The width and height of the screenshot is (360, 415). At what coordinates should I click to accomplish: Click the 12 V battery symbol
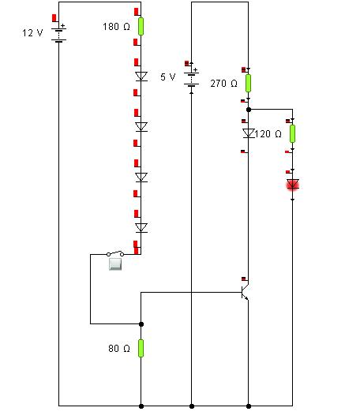[58, 33]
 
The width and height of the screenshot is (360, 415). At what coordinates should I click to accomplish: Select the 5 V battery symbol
[191, 77]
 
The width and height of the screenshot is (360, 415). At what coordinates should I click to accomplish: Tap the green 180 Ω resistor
[141, 27]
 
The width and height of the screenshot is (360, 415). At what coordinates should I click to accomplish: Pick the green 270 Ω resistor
[248, 84]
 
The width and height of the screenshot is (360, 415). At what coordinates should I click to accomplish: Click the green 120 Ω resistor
[292, 133]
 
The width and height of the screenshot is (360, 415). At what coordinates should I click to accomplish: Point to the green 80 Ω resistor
[141, 348]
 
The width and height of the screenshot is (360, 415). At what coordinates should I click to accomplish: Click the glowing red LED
[293, 185]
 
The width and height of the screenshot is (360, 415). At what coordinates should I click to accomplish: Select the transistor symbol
[245, 292]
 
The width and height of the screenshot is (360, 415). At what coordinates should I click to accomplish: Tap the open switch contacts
[115, 253]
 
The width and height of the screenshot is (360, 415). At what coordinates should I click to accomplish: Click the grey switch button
[115, 264]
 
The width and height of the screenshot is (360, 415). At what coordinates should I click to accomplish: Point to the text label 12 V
[32, 33]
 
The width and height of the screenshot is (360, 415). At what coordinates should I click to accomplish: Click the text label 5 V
[167, 77]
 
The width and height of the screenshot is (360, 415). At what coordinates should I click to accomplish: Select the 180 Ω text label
[116, 27]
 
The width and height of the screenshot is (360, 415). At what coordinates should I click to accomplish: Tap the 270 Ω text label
[223, 84]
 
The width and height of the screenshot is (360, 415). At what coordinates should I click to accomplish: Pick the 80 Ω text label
[119, 348]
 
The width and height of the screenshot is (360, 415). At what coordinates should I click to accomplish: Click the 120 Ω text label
[268, 134]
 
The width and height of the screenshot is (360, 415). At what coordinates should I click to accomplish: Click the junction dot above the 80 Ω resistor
[141, 324]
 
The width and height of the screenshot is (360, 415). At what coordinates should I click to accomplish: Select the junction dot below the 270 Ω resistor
[249, 110]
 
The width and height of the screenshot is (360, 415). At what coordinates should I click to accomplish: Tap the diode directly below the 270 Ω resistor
[248, 133]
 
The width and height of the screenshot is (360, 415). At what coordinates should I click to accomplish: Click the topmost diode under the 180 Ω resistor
[141, 77]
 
